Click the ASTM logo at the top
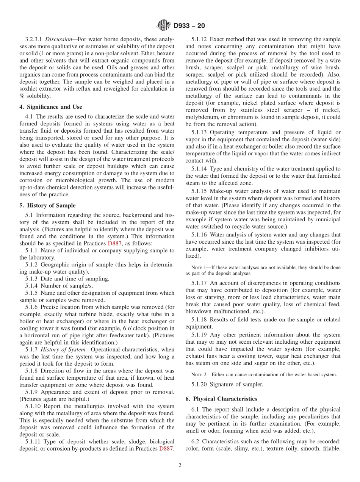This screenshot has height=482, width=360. [164, 26]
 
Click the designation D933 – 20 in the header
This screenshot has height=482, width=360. [189, 26]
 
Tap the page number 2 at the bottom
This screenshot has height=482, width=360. [180, 466]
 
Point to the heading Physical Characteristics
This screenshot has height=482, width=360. [221, 399]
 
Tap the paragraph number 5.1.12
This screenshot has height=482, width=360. [199, 39]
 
